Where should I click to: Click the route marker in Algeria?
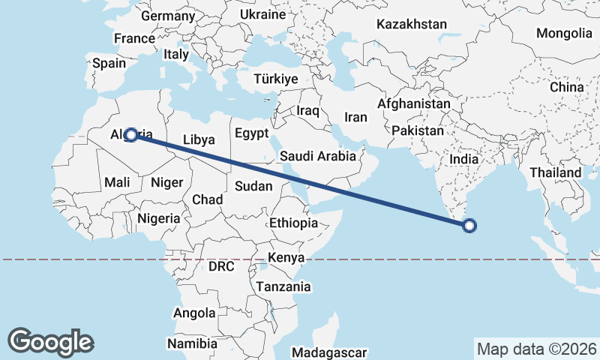coord(130,135)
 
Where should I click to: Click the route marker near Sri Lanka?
coord(469,225)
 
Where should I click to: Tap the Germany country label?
coord(168,16)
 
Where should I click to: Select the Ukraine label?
coord(262,14)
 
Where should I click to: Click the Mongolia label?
coord(564,33)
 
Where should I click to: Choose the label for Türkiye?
coord(276,79)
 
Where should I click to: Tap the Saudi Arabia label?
coord(318,157)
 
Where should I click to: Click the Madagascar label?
coord(329,352)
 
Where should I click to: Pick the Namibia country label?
coord(190,343)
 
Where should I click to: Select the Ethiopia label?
coord(294,223)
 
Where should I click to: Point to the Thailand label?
coord(556,172)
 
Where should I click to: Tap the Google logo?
coord(50,341)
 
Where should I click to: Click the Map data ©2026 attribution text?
coord(537,349)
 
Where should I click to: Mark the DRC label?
coord(221,266)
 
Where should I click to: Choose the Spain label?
coord(109,64)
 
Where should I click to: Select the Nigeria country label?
coord(159,218)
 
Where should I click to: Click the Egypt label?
coord(251,134)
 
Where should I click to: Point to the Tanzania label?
coord(283,286)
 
